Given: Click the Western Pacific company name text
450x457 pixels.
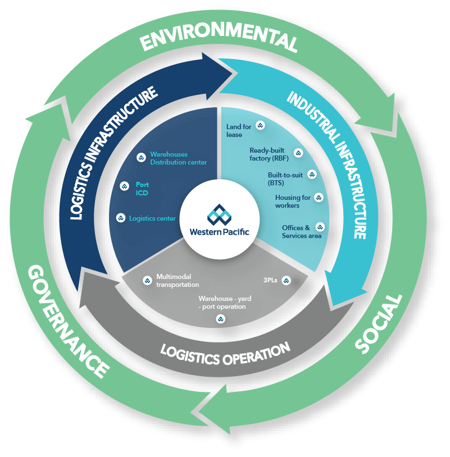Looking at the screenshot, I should click(x=219, y=231).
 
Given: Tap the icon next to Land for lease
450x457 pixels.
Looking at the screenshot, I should click(x=260, y=125).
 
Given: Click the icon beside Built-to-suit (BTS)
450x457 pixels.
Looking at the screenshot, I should click(x=312, y=175).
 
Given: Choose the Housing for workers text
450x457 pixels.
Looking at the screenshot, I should click(x=292, y=202).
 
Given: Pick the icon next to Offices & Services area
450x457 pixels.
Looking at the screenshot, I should click(x=320, y=227).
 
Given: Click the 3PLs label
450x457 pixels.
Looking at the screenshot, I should click(x=270, y=280).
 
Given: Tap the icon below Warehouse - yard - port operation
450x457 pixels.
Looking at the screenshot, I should click(x=221, y=319).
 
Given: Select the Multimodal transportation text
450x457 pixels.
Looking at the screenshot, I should click(x=178, y=281).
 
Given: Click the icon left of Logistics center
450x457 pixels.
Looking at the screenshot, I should click(x=120, y=218).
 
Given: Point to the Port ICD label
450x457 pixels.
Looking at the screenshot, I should click(x=142, y=188).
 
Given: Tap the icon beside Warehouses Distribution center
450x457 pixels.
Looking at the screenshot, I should click(x=142, y=157).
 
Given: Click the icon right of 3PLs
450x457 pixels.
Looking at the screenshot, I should click(x=286, y=280).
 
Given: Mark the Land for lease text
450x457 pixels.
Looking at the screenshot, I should click(x=239, y=131).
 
